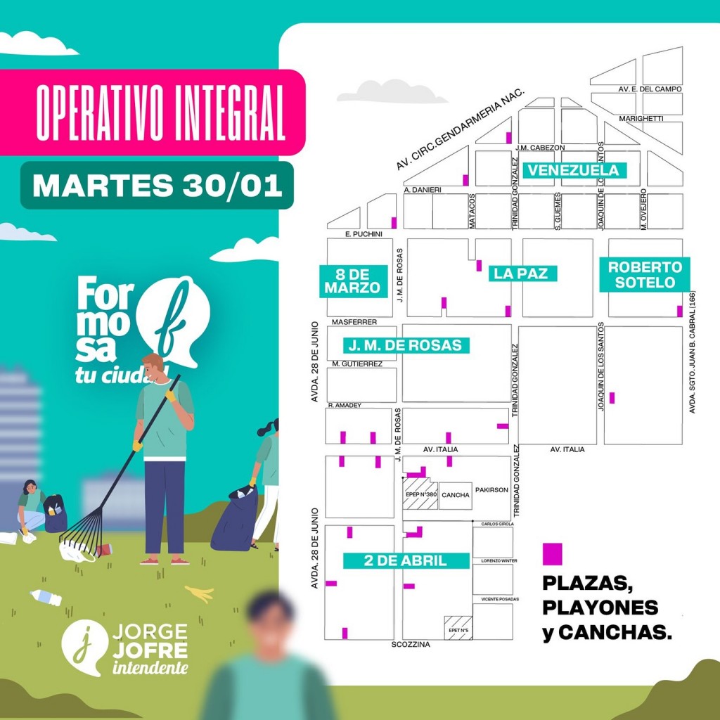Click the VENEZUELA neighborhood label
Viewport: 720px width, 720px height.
[x=574, y=170]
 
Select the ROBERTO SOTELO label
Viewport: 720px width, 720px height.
[x=645, y=275]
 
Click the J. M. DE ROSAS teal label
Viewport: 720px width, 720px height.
[x=405, y=345]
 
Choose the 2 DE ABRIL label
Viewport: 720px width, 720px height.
[x=405, y=560]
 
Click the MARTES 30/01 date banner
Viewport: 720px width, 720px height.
[x=157, y=185]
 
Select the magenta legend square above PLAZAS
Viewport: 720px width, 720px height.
[x=553, y=553]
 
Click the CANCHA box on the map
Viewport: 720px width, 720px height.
[x=455, y=495]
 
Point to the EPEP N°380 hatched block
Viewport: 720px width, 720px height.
[x=420, y=495]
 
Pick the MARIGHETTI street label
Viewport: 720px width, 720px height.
[x=641, y=119]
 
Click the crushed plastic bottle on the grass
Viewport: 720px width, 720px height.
[x=46, y=598]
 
